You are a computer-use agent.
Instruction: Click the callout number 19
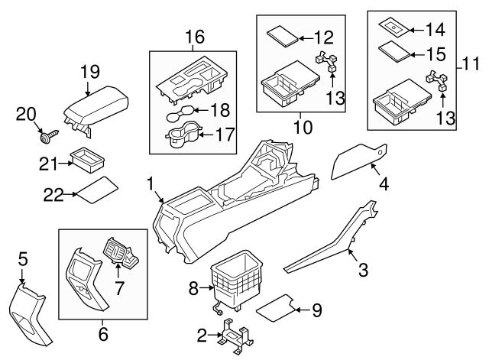tap(90, 73)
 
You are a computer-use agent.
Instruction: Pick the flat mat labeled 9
tap(275, 307)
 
